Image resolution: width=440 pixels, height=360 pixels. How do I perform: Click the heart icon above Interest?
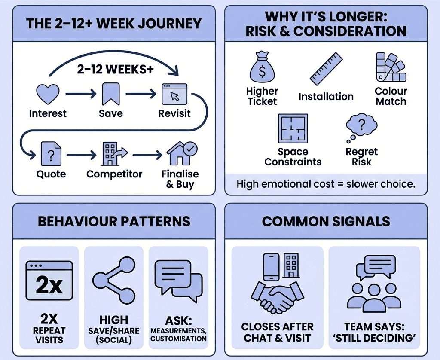[48, 94]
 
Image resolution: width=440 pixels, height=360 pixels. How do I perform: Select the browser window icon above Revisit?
[174, 94]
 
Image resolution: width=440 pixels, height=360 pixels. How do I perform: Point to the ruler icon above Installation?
[326, 69]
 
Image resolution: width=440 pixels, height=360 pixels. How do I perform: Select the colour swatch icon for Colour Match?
[390, 68]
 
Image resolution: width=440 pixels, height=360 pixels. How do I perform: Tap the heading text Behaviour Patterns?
[114, 221]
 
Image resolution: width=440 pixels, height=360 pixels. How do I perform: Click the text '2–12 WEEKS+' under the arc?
[115, 70]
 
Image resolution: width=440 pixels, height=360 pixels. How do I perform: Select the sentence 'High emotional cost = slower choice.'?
[326, 184]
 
